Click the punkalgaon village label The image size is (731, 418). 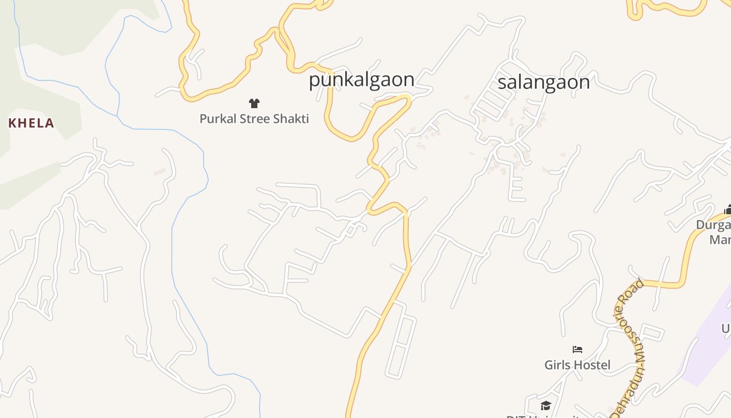click(361, 80)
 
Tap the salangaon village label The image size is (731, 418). click(544, 82)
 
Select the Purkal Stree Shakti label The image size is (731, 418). click(254, 119)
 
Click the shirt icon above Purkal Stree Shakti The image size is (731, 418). click(254, 103)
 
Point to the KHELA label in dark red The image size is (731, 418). click(31, 123)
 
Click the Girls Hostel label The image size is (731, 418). click(577, 365)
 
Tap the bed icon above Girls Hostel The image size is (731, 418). click(577, 350)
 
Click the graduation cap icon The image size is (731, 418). click(546, 406)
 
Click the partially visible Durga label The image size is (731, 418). click(713, 225)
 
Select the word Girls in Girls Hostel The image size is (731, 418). click(557, 365)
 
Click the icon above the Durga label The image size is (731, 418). click(727, 210)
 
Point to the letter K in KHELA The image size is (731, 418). click(12, 123)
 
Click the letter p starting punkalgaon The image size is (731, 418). click(314, 81)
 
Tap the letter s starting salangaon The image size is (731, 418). click(502, 83)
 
